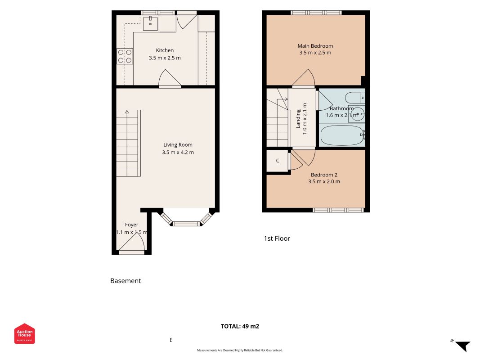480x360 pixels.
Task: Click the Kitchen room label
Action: pos(165,50)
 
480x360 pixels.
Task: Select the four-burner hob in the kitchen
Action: pos(125,56)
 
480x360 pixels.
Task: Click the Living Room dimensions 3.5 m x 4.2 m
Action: pos(178,152)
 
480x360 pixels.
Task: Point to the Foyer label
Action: pos(132,225)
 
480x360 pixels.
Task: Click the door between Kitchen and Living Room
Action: pos(170,79)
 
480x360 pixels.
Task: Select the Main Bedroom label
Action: pos(315,46)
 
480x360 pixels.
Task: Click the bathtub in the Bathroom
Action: pos(342,135)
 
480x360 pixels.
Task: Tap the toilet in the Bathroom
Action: pos(355,98)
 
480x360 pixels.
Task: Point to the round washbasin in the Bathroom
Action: pos(357,114)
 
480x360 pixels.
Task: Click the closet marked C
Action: pos(278,161)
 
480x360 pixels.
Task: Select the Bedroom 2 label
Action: pos(324,175)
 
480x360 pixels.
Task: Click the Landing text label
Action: pos(298,119)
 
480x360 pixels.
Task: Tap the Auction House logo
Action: pos(24,333)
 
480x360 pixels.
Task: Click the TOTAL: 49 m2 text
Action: pos(240,326)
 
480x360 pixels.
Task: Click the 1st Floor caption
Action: pos(277,238)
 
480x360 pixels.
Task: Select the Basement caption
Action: pos(126,281)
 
